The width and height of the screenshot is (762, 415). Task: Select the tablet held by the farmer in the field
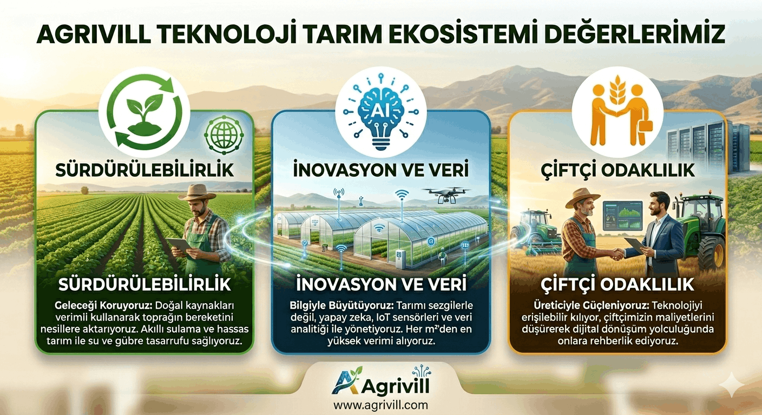tap(179, 244)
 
